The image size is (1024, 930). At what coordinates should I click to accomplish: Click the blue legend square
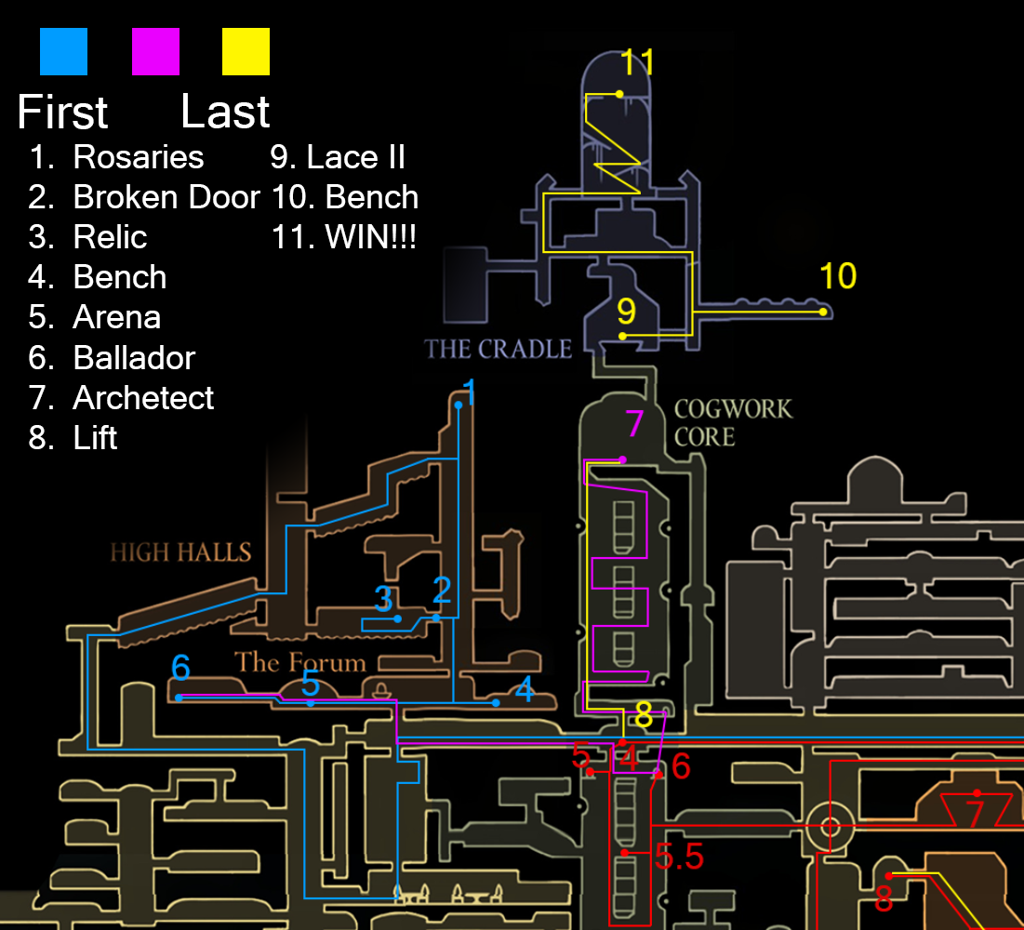click(x=63, y=51)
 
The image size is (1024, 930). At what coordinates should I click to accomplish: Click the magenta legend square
click(x=155, y=51)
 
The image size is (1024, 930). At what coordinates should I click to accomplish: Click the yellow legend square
click(x=246, y=51)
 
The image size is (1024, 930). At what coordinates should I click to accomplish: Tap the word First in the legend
click(x=62, y=113)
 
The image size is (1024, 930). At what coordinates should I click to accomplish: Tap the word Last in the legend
click(x=225, y=113)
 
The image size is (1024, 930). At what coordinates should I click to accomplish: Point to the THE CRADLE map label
click(x=499, y=350)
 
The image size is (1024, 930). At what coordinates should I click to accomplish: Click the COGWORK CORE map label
click(x=733, y=422)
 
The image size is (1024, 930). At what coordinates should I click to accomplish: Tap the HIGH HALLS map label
click(x=180, y=552)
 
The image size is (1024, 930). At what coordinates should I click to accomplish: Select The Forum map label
click(x=299, y=662)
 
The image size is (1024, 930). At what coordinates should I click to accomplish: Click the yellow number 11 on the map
click(x=638, y=62)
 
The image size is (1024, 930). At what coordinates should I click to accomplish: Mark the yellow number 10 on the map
click(x=837, y=276)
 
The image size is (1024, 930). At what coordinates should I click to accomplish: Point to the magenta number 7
click(x=634, y=425)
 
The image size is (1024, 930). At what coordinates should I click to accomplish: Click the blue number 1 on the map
click(x=470, y=392)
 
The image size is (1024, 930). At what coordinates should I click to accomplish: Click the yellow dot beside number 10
click(x=823, y=312)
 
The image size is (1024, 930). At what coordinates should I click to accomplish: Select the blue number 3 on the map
click(x=384, y=599)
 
